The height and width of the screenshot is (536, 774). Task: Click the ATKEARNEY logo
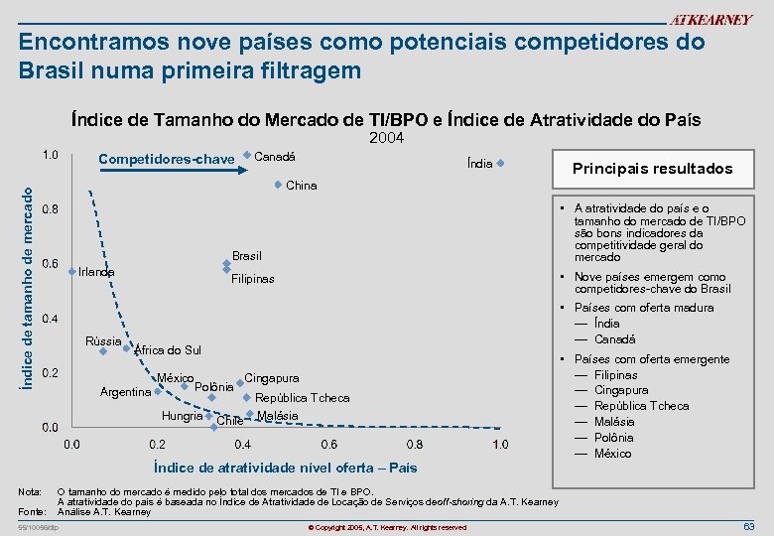tap(710, 20)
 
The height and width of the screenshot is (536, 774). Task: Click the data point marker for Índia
tap(501, 164)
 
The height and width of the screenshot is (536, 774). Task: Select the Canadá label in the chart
tap(276, 156)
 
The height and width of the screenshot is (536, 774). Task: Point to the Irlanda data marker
tap(71, 271)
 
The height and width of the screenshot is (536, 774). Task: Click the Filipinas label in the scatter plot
tap(252, 279)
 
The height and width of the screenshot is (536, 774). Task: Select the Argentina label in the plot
tap(126, 392)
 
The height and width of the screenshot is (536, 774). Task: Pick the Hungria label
tap(182, 415)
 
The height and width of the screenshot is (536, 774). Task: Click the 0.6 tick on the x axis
tap(327, 444)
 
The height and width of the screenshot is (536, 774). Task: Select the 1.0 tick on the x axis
tap(500, 444)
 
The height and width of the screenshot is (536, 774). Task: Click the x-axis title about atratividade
tap(285, 467)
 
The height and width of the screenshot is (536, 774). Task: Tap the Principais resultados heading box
tap(652, 169)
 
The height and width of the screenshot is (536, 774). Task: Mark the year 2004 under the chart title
tap(385, 138)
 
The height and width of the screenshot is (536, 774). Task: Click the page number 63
tap(749, 525)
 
